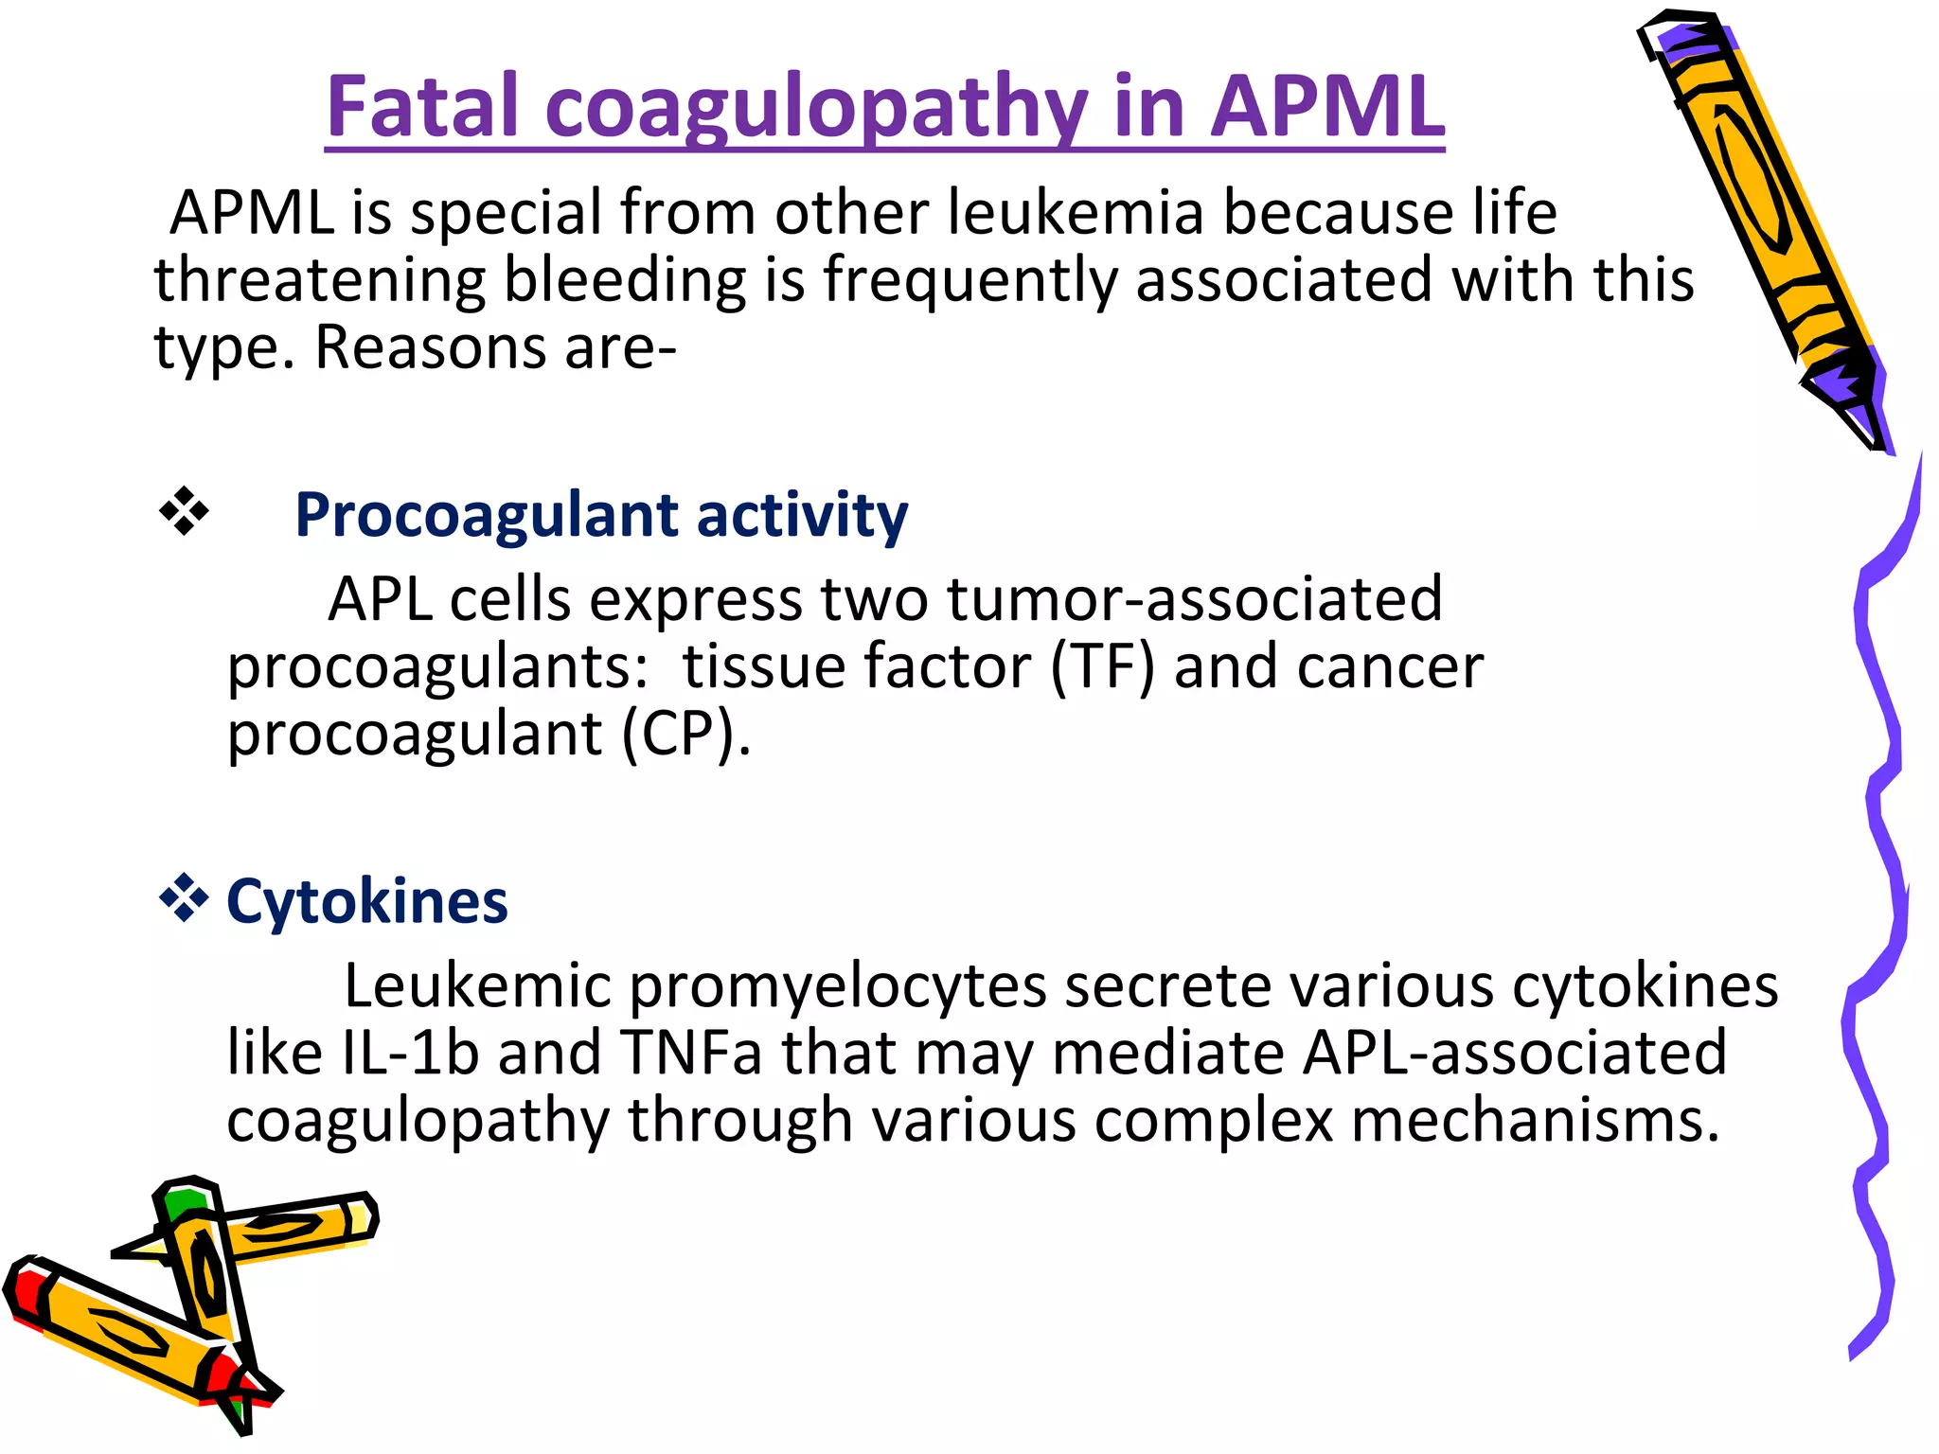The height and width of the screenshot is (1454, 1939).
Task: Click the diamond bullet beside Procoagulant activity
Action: coord(184,512)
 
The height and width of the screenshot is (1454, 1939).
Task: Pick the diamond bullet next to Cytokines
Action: coord(184,898)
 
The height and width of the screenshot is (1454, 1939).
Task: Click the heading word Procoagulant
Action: coord(487,515)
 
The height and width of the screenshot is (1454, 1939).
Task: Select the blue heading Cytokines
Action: coord(367,900)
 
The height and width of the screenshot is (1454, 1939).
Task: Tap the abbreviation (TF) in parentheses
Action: coord(1103,666)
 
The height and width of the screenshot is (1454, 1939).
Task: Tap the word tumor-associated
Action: coord(1195,599)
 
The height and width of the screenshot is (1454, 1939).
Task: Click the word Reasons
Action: coord(431,347)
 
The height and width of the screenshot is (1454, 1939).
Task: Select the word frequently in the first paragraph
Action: coord(970,280)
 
